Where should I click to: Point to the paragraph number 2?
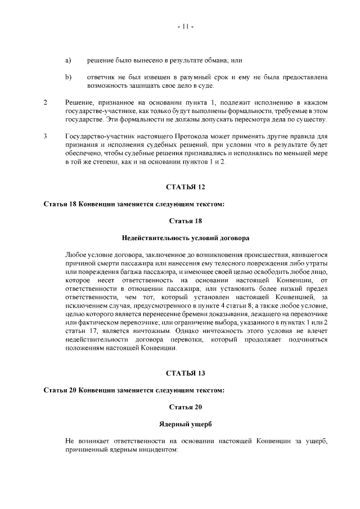[45, 102]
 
